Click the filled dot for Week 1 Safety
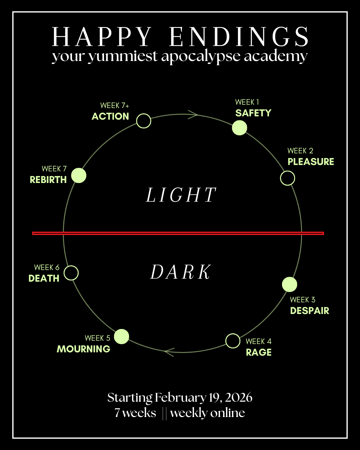239,128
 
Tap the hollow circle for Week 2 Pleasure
287,178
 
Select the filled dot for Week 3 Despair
289,284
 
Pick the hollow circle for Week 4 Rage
233,341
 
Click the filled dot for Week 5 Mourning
122,336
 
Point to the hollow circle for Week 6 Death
71,273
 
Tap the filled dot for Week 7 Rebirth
79,175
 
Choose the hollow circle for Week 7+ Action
144,121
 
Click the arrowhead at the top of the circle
193,115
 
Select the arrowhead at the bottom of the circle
169,352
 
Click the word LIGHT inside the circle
181,195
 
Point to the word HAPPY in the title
102,37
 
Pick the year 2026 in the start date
238,398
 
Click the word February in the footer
180,398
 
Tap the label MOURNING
83,349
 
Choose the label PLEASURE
311,162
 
